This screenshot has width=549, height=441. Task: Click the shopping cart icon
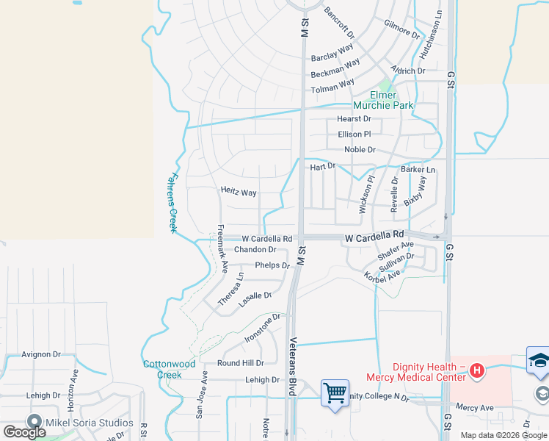click(335, 392)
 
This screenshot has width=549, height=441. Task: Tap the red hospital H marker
click(477, 371)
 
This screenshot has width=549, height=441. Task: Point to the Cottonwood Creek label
click(168, 369)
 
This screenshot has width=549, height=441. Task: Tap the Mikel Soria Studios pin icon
click(34, 422)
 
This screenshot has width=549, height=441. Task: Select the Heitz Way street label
click(239, 192)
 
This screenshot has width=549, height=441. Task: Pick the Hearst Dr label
click(354, 119)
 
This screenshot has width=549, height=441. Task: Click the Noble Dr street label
click(360, 150)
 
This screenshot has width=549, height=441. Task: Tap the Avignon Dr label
click(41, 354)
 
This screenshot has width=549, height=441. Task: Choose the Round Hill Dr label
click(240, 363)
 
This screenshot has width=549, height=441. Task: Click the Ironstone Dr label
click(262, 331)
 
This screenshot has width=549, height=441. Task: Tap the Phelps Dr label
click(272, 265)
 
